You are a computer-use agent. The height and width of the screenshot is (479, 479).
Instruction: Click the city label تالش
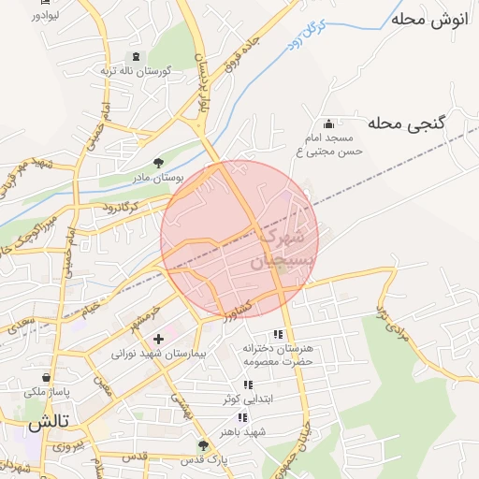click(x=49, y=423)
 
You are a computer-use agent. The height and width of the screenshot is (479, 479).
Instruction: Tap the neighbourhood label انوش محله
click(x=427, y=19)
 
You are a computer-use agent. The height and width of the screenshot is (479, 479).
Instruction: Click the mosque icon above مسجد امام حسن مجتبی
click(x=328, y=123)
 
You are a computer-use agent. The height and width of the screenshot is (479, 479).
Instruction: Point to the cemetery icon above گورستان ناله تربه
click(x=130, y=57)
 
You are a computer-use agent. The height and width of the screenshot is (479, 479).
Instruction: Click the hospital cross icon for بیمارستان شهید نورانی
click(x=157, y=338)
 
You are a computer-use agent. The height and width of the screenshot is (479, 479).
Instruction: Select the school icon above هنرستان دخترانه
click(x=277, y=334)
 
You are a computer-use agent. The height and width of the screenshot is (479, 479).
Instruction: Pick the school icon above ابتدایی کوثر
click(x=248, y=385)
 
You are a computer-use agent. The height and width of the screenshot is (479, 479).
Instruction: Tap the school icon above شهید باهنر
click(x=243, y=417)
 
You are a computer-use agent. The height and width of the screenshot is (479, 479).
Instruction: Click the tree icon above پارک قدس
click(x=203, y=445)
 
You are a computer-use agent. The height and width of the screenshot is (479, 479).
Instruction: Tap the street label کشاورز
click(x=236, y=309)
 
